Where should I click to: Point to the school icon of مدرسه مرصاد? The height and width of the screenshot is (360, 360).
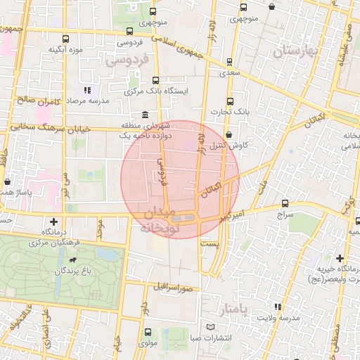[87, 90]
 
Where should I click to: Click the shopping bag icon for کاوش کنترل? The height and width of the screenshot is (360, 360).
[229, 135]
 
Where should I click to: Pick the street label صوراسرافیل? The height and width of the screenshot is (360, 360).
[175, 288]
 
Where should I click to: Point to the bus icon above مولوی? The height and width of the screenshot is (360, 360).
[147, 332]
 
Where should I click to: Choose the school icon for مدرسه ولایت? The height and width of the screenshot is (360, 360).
[278, 307]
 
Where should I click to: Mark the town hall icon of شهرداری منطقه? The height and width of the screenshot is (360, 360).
[145, 115]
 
